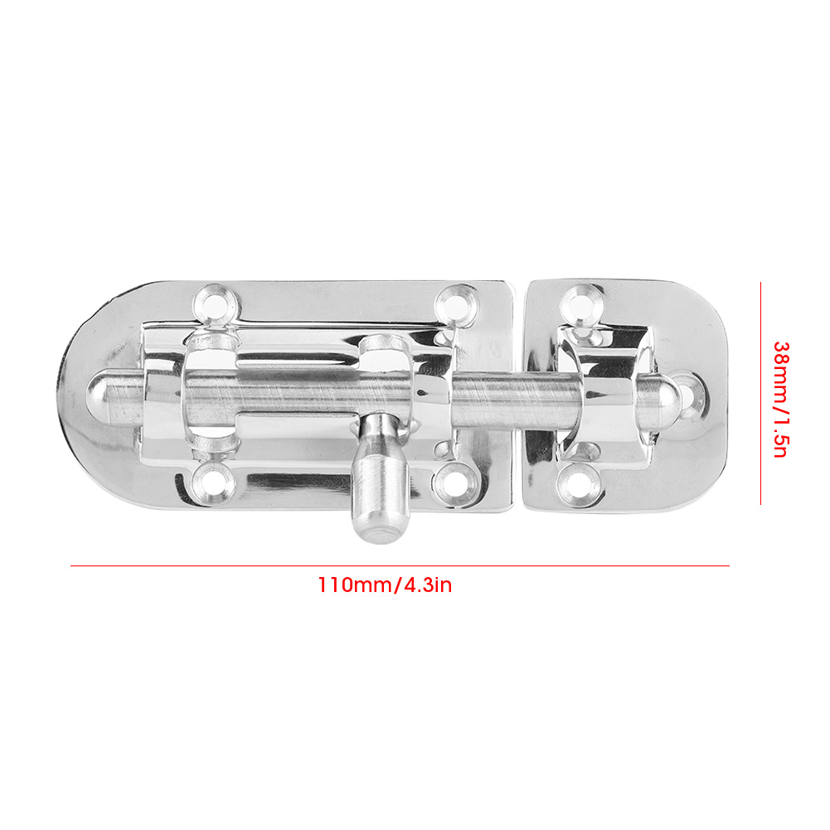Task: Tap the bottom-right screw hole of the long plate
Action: pyautogui.click(x=454, y=481)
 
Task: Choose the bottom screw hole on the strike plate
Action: pyautogui.click(x=580, y=483)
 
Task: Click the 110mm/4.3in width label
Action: pyautogui.click(x=385, y=585)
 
